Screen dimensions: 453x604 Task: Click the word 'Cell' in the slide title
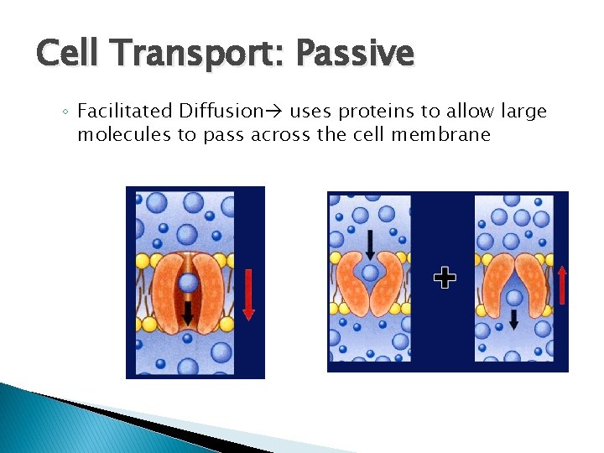tap(68, 54)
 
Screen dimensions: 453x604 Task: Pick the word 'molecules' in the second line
tap(123, 134)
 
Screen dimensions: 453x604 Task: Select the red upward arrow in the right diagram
tap(561, 284)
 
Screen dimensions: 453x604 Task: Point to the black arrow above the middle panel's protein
tap(370, 242)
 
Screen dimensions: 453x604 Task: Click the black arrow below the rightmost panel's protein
tap(513, 318)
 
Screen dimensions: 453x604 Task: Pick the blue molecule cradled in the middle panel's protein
tap(370, 272)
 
